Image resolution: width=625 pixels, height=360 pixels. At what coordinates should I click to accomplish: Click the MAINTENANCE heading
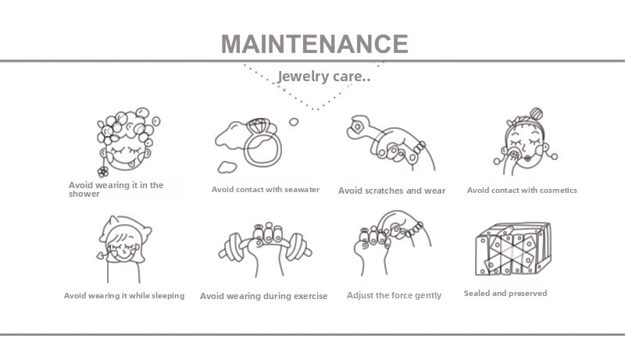tap(315, 44)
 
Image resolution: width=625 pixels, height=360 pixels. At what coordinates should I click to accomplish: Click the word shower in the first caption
tap(84, 194)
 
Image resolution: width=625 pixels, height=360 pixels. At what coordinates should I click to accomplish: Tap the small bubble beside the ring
tap(294, 122)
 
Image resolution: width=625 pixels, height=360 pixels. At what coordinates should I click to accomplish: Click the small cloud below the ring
tap(227, 167)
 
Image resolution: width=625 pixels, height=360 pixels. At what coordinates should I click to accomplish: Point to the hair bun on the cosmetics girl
tap(536, 113)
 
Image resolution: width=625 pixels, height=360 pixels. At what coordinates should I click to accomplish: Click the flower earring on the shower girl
tap(103, 172)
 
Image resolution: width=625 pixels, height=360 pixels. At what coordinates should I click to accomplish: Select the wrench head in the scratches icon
tap(358, 127)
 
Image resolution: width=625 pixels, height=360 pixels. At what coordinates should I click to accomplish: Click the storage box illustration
tap(513, 249)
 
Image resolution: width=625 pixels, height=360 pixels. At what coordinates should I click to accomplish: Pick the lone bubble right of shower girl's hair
tap(155, 121)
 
